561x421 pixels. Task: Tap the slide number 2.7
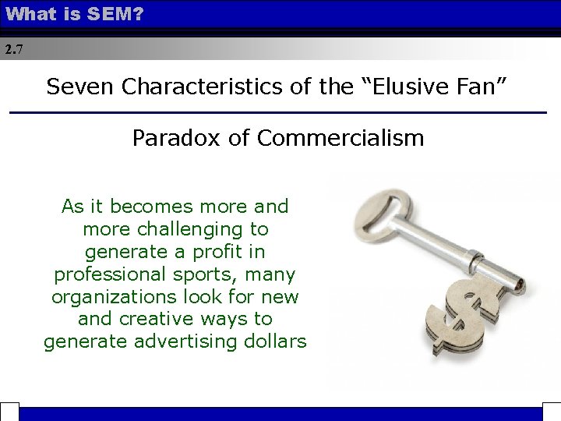(x=13, y=49)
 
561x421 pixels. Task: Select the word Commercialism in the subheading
(x=340, y=138)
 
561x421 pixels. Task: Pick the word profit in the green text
(x=231, y=252)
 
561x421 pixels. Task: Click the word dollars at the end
(x=279, y=341)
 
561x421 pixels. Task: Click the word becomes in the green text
(x=151, y=207)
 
